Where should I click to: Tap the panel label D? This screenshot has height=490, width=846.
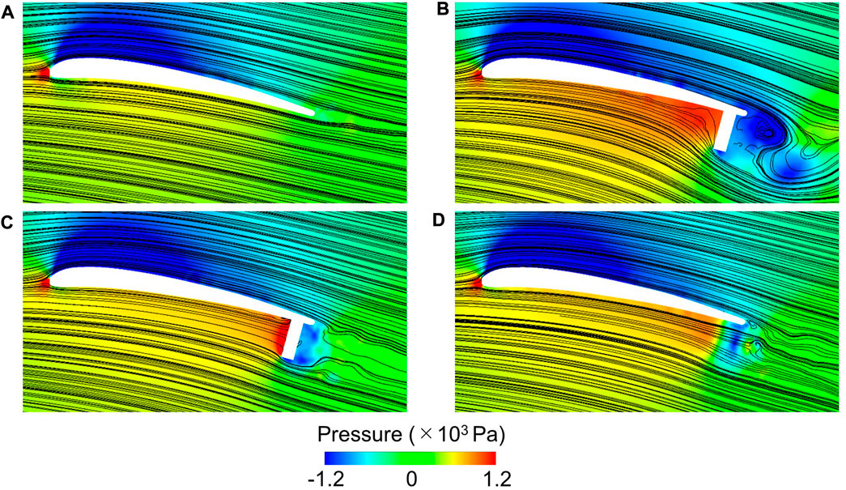442,219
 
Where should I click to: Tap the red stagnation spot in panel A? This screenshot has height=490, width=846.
44,73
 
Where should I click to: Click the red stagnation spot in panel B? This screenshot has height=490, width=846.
478,74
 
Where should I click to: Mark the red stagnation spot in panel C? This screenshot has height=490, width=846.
44,283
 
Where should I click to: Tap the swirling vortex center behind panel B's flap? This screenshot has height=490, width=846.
761,130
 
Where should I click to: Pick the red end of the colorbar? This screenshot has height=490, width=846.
508,458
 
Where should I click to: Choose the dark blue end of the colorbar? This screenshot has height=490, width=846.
330,458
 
